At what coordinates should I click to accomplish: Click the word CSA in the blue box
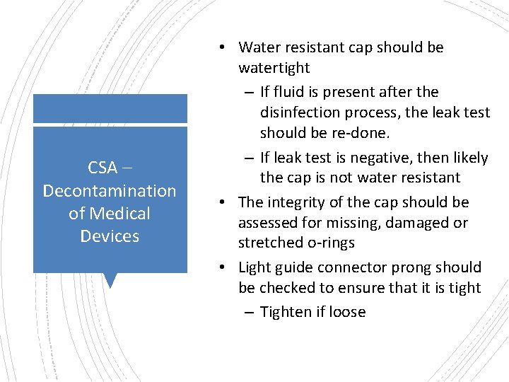(x=103, y=168)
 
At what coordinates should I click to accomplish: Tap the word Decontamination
(x=110, y=191)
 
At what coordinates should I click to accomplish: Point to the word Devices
(x=110, y=236)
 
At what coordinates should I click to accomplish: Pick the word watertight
(x=274, y=68)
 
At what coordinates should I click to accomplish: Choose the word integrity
(x=296, y=203)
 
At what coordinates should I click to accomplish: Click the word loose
(x=346, y=312)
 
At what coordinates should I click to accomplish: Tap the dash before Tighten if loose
(x=250, y=312)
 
